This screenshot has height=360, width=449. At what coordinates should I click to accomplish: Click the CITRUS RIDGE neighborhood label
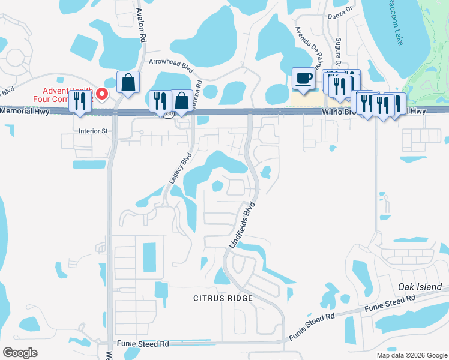coord(221,298)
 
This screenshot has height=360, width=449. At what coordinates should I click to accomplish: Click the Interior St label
coord(92,130)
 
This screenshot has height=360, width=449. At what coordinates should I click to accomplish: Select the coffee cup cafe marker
coord(303,79)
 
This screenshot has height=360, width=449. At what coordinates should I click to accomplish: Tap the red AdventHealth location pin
coord(102,94)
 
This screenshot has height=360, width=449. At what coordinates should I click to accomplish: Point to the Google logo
coord(20,353)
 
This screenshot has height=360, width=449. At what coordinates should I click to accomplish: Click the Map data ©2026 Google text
coord(412,355)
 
